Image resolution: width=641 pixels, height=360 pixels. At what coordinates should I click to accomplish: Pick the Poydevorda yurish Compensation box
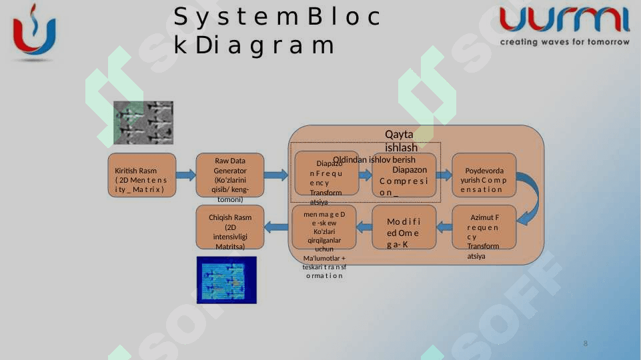(484, 175)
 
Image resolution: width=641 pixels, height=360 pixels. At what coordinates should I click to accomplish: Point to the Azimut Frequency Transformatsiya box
(484, 227)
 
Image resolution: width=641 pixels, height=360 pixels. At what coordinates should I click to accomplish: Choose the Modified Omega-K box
(404, 227)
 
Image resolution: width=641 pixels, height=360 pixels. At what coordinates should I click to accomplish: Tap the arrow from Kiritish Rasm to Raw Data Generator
(185, 175)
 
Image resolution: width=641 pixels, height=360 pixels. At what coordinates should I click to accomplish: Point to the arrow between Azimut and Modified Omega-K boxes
(444, 227)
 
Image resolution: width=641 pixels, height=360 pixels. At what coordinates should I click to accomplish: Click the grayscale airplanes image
(143, 123)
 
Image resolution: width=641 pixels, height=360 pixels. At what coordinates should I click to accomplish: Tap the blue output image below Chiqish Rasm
(226, 280)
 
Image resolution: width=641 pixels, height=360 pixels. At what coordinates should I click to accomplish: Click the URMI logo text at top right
(564, 20)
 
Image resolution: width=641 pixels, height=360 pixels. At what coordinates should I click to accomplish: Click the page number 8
(586, 343)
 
